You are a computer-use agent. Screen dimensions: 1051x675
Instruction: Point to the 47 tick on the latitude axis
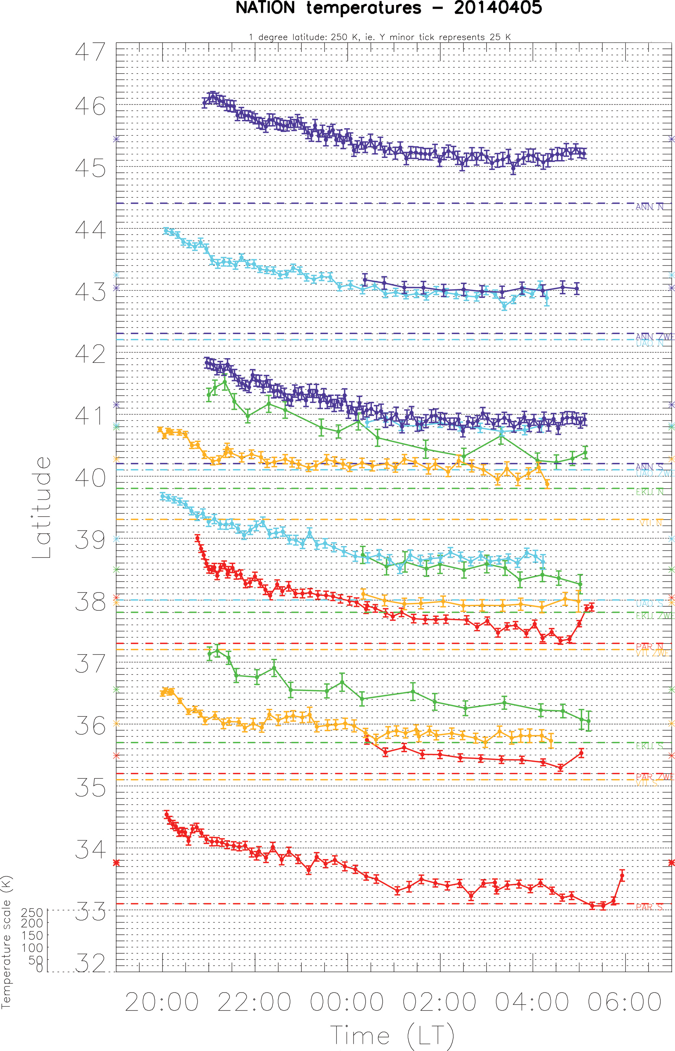point(90,52)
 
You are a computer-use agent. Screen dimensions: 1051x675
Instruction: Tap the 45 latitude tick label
point(90,168)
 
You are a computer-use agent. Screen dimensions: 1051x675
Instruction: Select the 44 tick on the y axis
point(90,230)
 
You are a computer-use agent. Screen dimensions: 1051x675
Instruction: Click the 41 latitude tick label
point(90,416)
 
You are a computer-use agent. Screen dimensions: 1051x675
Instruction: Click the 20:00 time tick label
point(162,1002)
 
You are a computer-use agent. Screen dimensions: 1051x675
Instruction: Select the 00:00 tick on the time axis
point(347,1002)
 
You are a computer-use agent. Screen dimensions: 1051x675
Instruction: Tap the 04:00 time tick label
point(532,1002)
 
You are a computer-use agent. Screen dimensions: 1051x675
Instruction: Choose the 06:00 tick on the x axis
point(624,1002)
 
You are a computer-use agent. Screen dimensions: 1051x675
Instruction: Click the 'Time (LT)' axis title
point(392,1035)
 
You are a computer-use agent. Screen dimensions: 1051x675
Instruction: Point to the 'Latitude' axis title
point(42,508)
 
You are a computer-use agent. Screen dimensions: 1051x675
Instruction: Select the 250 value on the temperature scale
point(32,912)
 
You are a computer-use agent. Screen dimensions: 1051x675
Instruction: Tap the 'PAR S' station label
point(649,907)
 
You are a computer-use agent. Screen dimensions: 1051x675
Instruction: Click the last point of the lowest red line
point(622,876)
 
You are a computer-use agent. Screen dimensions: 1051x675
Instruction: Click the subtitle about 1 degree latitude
point(379,37)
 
